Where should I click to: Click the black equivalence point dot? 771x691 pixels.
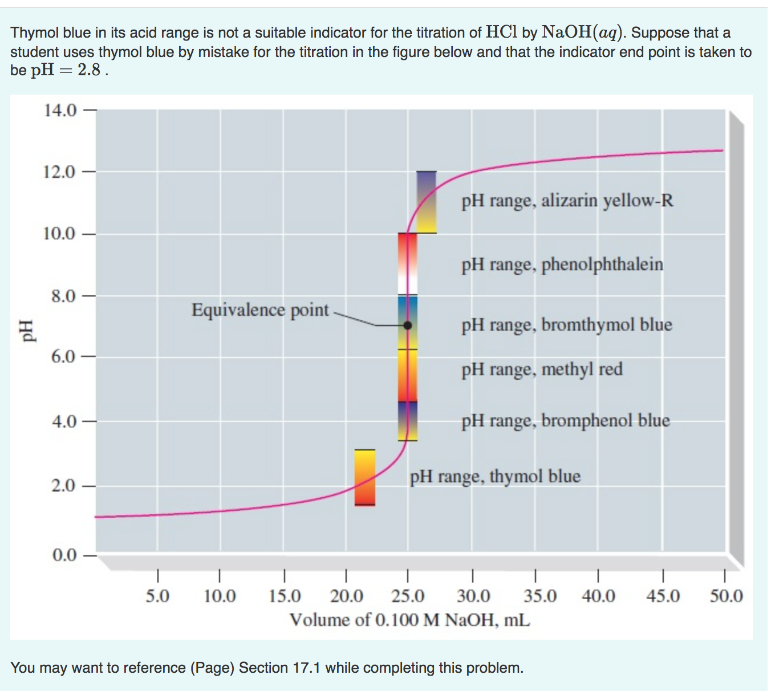pyautogui.click(x=407, y=326)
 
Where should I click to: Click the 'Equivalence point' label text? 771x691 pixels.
pyautogui.click(x=260, y=310)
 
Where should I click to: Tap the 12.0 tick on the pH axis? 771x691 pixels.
pyautogui.click(x=59, y=172)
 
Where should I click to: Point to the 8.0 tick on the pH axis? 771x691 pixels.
pyautogui.click(x=63, y=296)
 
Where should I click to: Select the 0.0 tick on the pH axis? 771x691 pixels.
pyautogui.click(x=64, y=555)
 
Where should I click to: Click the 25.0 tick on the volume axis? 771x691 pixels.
pyautogui.click(x=408, y=596)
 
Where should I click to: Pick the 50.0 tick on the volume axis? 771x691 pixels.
pyautogui.click(x=726, y=596)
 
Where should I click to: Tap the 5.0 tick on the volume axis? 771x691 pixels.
pyautogui.click(x=157, y=596)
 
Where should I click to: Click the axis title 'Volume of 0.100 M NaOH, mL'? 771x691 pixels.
pyautogui.click(x=409, y=619)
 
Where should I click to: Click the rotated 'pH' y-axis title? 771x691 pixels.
pyautogui.click(x=26, y=330)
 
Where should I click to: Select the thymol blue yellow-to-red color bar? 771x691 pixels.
pyautogui.click(x=365, y=478)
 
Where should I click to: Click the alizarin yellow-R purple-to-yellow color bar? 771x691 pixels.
pyautogui.click(x=426, y=202)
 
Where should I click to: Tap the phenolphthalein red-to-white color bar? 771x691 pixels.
pyautogui.click(x=407, y=263)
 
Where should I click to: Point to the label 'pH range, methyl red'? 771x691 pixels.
pyautogui.click(x=542, y=369)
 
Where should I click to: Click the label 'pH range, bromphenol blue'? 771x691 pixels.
pyautogui.click(x=565, y=421)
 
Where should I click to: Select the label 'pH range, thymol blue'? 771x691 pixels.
pyautogui.click(x=495, y=476)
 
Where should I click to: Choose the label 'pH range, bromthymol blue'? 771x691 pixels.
pyautogui.click(x=567, y=325)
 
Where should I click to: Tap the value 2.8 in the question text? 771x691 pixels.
pyautogui.click(x=89, y=70)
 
